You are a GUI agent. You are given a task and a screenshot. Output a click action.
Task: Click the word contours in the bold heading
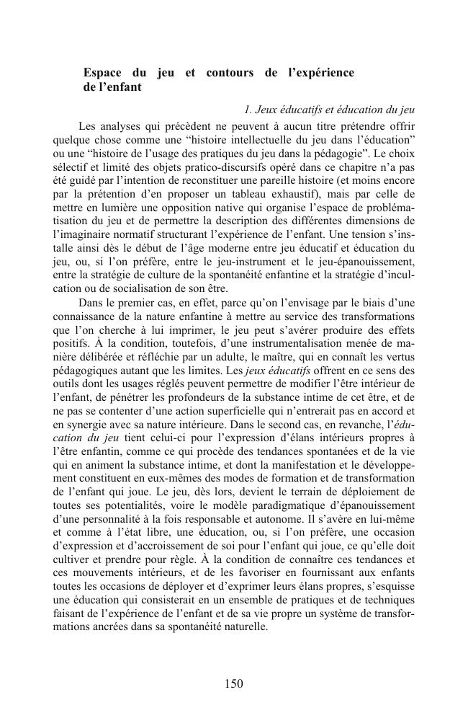[x=228, y=73]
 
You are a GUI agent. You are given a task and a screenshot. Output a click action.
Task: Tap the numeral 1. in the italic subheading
[x=248, y=110]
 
